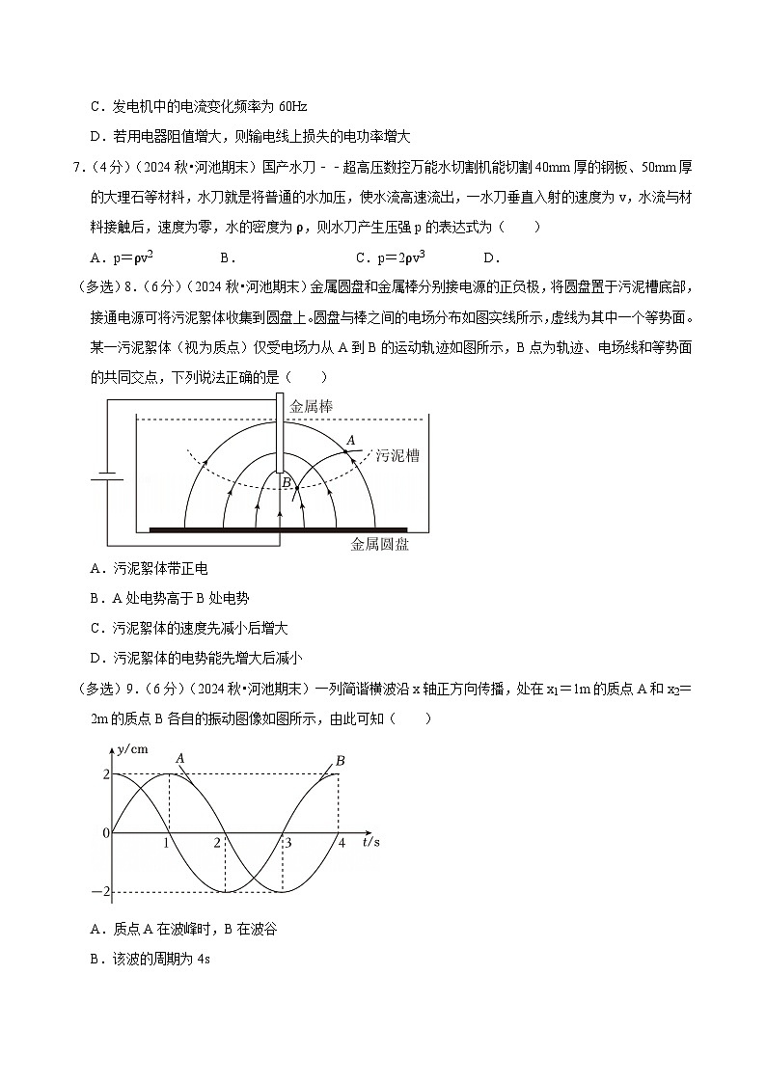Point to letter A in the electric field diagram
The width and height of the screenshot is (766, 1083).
(351, 440)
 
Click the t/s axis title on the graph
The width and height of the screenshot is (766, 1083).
(371, 842)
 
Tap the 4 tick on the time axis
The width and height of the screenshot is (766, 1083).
(340, 842)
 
